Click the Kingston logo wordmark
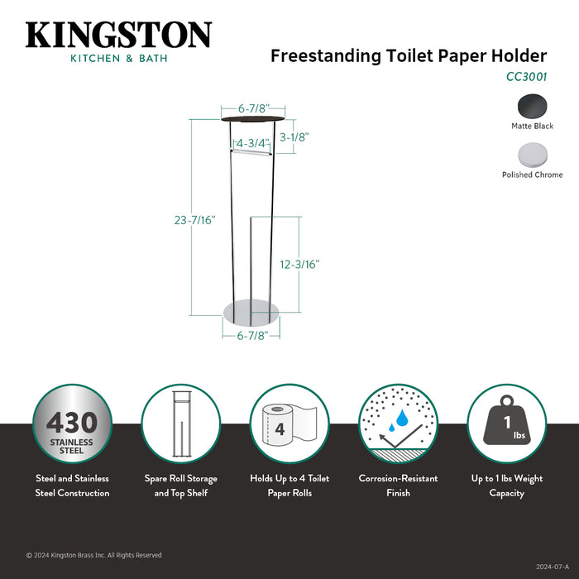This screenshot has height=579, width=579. point(118,35)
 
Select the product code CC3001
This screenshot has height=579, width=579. point(526,76)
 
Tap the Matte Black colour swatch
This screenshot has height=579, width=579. point(532,106)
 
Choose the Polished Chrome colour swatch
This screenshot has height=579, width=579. point(532,155)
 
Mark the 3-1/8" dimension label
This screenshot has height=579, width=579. point(294,137)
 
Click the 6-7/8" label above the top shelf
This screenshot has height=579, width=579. point(252,109)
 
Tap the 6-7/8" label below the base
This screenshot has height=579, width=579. point(251,336)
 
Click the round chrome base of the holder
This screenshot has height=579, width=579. point(251,313)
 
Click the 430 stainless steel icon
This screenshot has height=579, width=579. point(72,423)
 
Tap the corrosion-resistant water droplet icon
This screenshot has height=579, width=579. point(398,423)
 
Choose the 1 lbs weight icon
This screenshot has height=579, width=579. point(506,423)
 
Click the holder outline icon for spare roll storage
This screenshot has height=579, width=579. point(180,423)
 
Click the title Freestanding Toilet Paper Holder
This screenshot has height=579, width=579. point(409,56)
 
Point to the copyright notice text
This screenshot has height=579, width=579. point(93,555)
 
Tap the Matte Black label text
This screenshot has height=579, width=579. point(532,127)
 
